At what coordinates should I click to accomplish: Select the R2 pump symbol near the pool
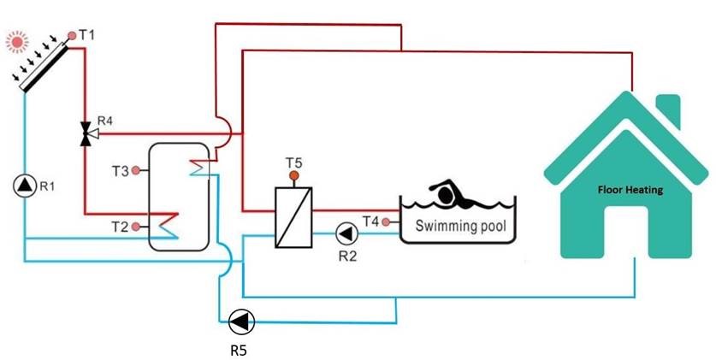point(346,232)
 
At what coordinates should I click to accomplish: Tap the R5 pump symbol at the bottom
point(241,322)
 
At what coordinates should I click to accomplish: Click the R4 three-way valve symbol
point(86,133)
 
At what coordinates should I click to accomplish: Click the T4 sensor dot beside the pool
point(387,222)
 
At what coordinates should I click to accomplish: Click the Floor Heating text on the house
point(630,190)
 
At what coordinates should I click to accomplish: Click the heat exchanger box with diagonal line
point(293,218)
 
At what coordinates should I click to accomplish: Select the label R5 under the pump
point(240,349)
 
